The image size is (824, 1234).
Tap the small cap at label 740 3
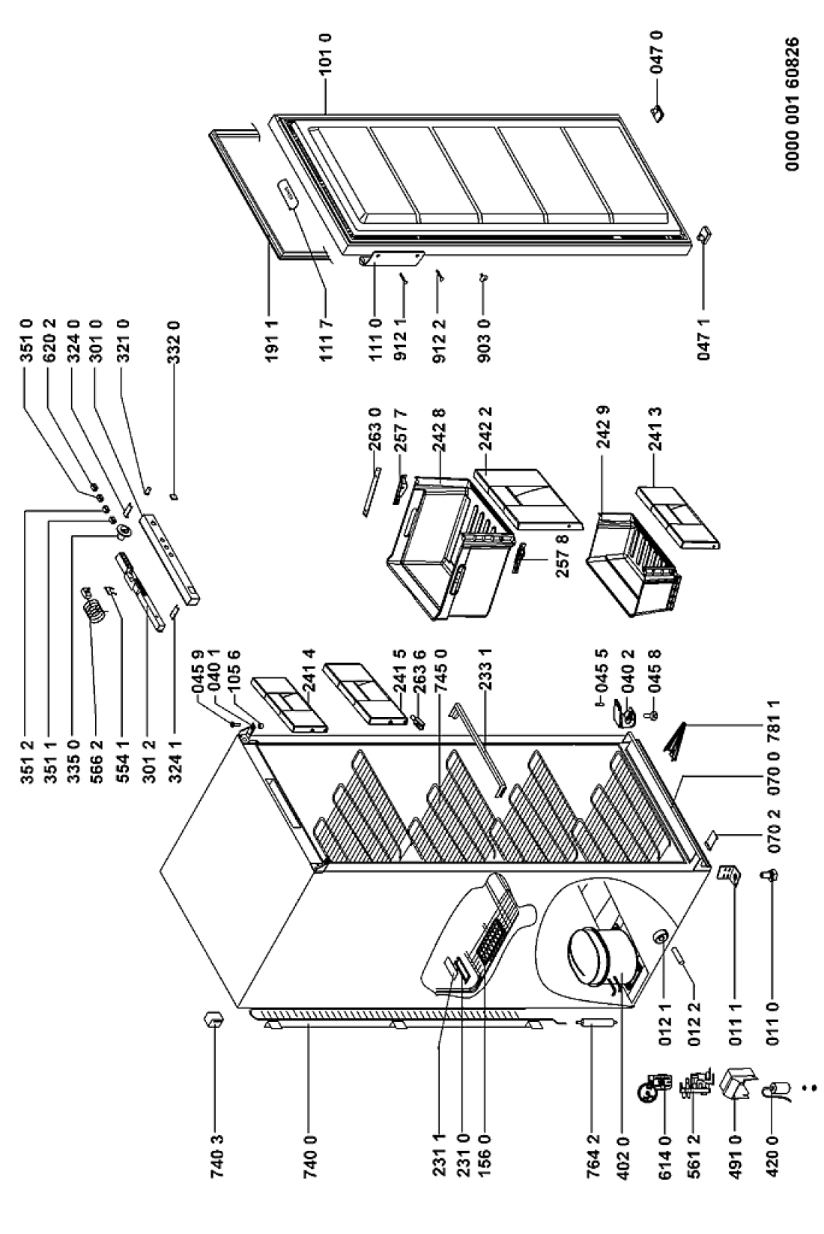[213, 1020]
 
